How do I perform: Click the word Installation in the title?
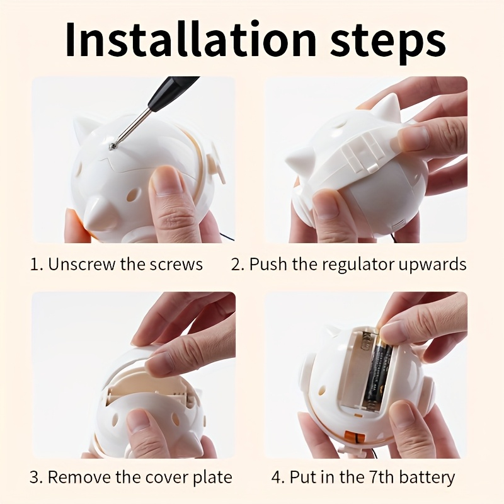(191, 39)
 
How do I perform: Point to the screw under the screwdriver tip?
(112, 146)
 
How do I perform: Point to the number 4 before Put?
(277, 478)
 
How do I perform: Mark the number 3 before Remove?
(35, 478)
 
